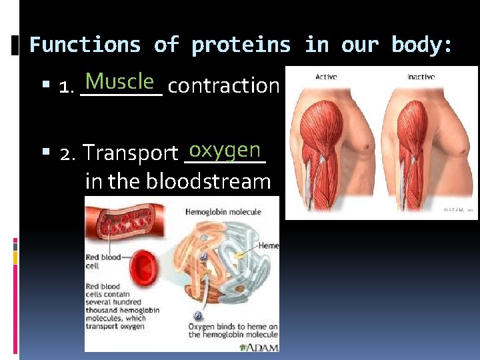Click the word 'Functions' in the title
[85, 45]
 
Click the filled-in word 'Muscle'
[120, 82]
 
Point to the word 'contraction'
[223, 86]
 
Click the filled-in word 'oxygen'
[225, 149]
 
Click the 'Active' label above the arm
[326, 77]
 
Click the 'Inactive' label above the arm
[421, 77]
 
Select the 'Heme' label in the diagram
[269, 246]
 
